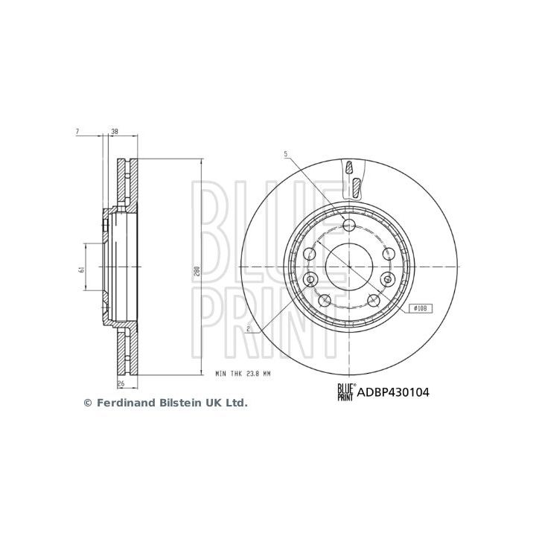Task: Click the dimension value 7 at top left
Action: click(77, 132)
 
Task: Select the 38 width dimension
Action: click(115, 132)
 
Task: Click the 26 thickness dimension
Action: click(121, 383)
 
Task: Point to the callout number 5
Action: click(285, 154)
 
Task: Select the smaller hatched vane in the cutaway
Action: click(348, 167)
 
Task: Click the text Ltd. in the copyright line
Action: click(236, 403)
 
